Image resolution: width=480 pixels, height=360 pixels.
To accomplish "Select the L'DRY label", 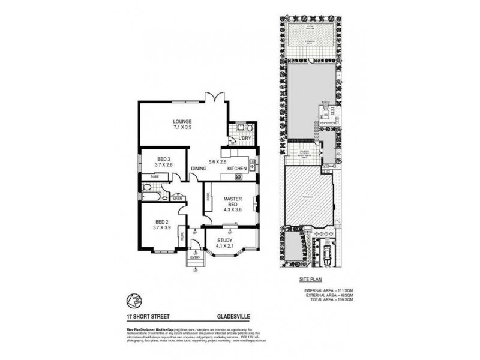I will click(x=245, y=139).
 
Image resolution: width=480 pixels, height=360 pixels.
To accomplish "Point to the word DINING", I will click(x=199, y=169).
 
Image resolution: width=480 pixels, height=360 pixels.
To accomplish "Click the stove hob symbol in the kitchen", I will click(x=238, y=177).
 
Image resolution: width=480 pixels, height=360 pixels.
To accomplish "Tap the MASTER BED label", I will click(x=232, y=202).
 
